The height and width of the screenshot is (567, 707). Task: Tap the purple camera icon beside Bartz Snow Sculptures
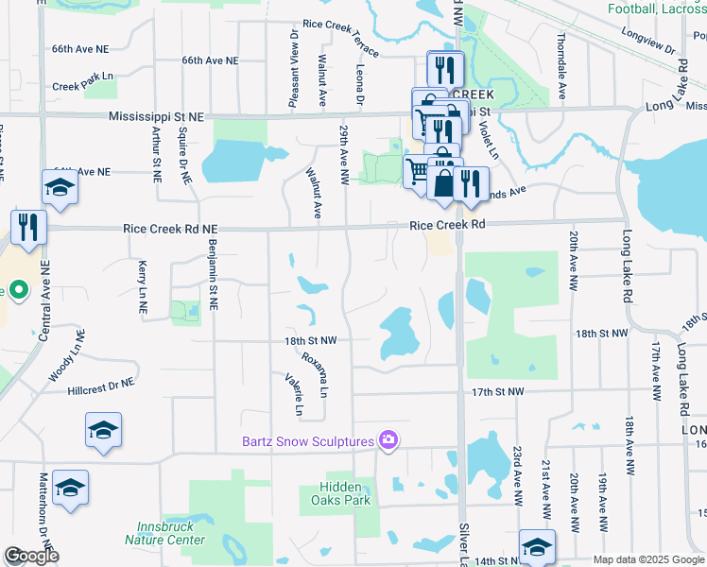coord(388,440)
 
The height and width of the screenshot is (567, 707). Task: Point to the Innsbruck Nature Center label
coord(164,534)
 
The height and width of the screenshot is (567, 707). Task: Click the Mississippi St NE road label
coord(156,116)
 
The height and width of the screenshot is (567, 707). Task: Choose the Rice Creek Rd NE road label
coord(170,229)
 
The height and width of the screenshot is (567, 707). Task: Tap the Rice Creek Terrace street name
coord(341,37)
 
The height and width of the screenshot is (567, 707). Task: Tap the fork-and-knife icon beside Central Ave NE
coord(28,227)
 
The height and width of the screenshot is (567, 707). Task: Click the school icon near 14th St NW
coord(537,546)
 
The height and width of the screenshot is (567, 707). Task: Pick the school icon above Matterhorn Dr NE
coord(70,488)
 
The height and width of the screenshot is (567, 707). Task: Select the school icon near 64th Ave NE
coord(60,187)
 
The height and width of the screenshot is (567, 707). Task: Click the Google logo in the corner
coord(31,556)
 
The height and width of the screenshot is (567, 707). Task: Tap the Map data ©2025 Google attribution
coord(648,559)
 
